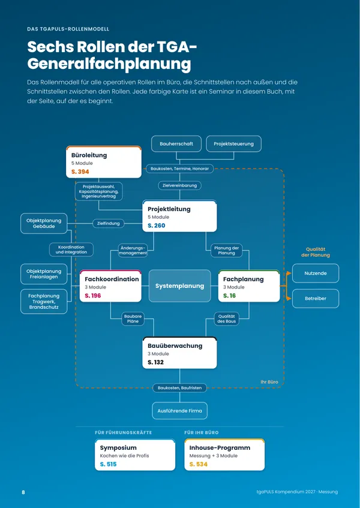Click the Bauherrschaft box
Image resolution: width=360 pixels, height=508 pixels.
click(x=176, y=144)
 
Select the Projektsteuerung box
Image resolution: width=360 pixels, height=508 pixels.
click(x=233, y=144)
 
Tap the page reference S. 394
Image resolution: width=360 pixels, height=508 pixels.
click(x=80, y=172)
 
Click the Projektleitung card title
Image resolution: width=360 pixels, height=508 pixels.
click(x=169, y=209)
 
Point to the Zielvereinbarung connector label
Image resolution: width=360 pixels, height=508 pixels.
click(x=180, y=186)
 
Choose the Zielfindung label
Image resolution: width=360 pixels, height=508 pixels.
click(x=108, y=223)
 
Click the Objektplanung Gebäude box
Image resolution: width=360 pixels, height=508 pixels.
click(x=44, y=224)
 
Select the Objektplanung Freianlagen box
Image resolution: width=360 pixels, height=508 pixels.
click(x=44, y=274)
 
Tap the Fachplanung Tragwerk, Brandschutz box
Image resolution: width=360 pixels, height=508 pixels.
click(x=44, y=301)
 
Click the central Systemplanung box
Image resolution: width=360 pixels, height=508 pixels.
click(x=180, y=286)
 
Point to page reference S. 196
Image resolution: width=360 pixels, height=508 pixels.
click(x=92, y=296)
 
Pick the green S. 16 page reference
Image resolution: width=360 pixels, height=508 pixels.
click(x=229, y=296)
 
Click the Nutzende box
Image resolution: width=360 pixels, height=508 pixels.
click(x=316, y=273)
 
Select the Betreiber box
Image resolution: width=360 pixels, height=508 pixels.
click(x=316, y=299)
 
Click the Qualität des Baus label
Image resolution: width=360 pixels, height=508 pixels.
click(x=226, y=319)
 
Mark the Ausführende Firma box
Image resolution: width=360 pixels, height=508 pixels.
click(x=180, y=411)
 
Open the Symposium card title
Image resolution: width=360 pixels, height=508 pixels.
click(x=118, y=448)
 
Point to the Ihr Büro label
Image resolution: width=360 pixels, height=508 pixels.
click(x=269, y=382)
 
